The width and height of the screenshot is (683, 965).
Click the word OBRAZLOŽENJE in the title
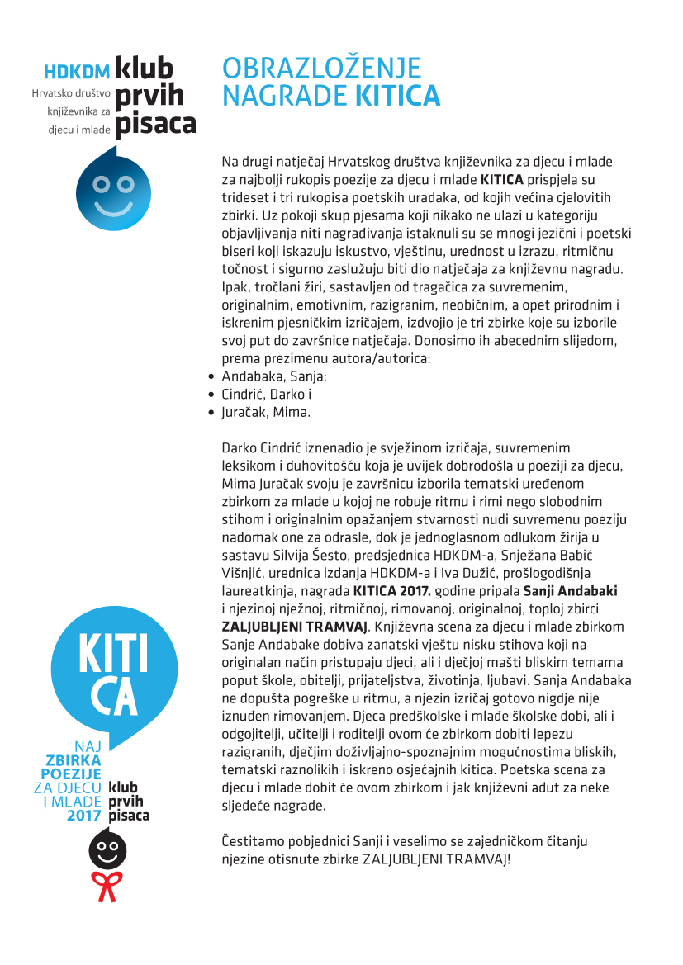pyautogui.click(x=322, y=68)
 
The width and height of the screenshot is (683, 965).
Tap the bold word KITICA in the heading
pyautogui.click(x=397, y=96)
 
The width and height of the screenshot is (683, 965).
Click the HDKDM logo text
pyautogui.click(x=77, y=71)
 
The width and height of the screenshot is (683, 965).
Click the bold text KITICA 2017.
pyautogui.click(x=391, y=590)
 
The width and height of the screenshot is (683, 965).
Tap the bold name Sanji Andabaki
pyautogui.click(x=571, y=590)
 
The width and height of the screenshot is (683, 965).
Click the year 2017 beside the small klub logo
pyautogui.click(x=84, y=815)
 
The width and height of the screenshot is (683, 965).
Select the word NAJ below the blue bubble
pyautogui.click(x=87, y=746)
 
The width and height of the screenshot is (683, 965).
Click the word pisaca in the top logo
pyautogui.click(x=156, y=124)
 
